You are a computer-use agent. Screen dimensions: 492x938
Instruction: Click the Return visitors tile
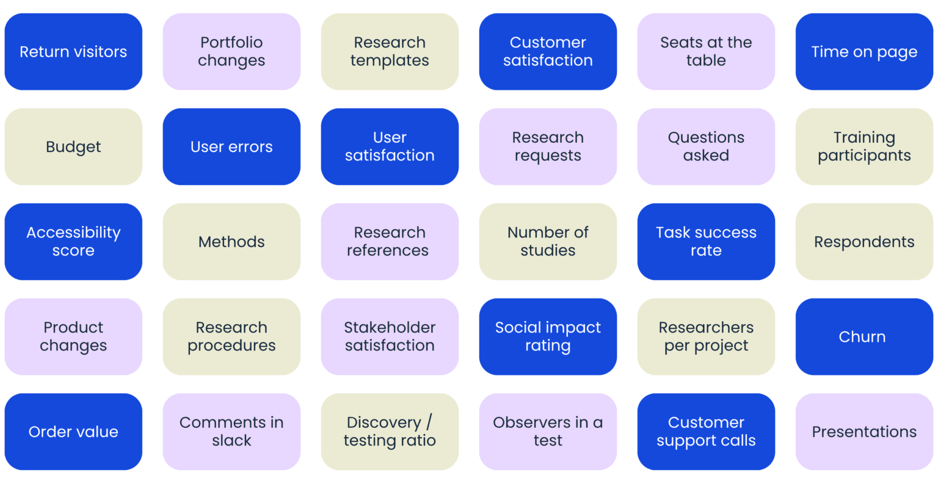coord(73,52)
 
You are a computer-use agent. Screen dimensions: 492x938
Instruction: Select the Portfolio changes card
coord(231,52)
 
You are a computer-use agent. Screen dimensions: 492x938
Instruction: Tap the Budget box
coord(73,147)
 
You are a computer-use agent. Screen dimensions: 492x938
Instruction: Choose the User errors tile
coord(231,147)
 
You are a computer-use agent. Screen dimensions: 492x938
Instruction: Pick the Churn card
coord(863,337)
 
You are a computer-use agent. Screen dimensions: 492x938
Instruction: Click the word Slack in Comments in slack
coord(231,441)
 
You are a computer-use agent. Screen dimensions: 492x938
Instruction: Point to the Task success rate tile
coord(706,242)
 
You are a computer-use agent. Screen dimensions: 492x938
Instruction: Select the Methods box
coord(231,242)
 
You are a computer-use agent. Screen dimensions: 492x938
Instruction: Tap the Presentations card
coord(863,432)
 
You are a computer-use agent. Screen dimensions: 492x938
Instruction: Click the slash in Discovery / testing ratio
coord(429,422)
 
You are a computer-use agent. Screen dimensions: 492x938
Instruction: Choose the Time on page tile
coord(863,52)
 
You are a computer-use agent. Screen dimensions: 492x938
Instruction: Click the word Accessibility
coord(73,233)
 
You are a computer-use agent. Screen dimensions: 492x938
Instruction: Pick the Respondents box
coord(863,242)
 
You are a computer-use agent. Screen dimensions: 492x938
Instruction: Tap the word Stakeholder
coord(390,328)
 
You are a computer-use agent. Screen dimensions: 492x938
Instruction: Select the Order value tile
coord(73,432)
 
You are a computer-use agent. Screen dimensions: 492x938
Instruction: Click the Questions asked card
coord(706,147)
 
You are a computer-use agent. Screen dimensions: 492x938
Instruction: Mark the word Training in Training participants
coord(863,138)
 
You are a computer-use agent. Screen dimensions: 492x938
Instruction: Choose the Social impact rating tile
coord(548,337)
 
